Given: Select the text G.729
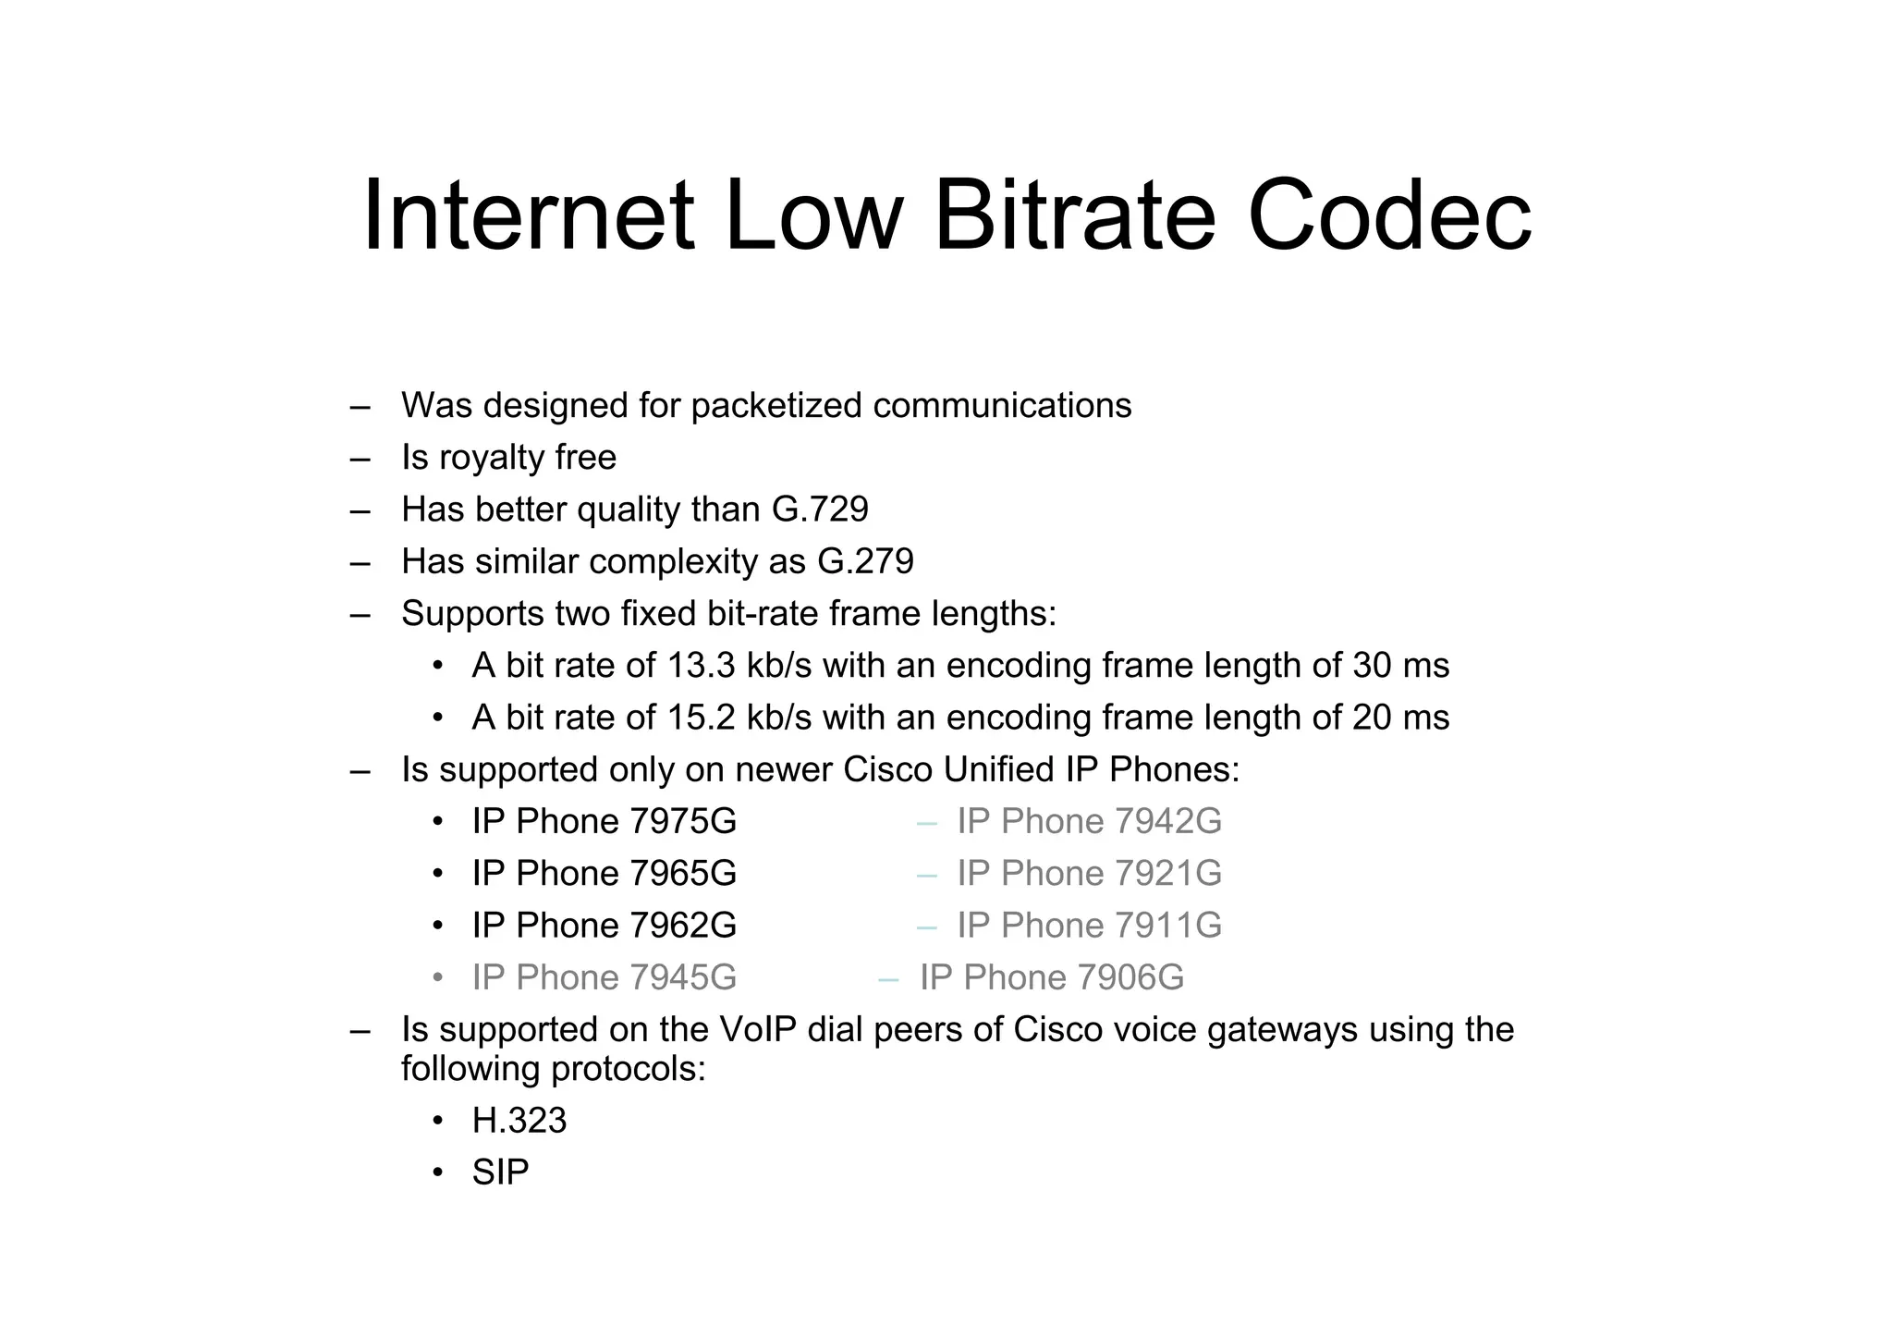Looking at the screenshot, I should (820, 509).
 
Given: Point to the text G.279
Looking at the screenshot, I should (865, 561).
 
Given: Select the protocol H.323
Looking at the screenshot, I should (519, 1121).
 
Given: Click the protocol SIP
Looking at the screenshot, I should (500, 1172).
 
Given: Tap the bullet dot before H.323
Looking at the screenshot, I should (438, 1122).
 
